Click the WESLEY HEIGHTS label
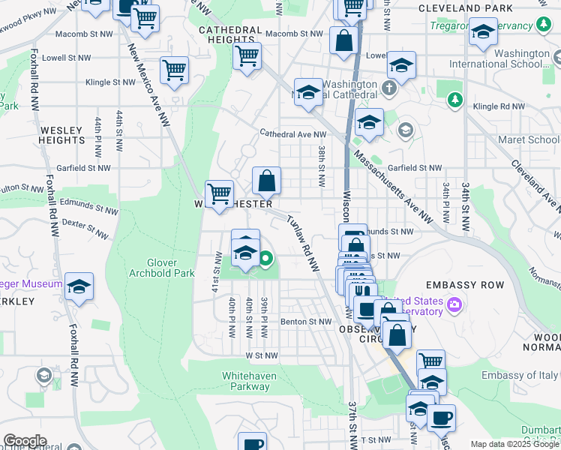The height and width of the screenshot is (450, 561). pos(62,135)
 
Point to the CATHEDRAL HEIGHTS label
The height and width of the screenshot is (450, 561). pos(230,34)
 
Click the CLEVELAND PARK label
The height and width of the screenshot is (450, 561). pos(465,8)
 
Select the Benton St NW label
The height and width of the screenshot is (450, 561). pos(306,322)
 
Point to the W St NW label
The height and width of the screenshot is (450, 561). pos(261,355)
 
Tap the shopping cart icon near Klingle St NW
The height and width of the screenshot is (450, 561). pos(174,70)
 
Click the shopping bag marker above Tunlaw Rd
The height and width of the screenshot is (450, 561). pos(266,181)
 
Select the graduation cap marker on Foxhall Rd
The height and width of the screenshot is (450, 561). pos(79,286)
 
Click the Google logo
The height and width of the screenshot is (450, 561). pos(24,441)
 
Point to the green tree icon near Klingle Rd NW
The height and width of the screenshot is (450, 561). pos(453,99)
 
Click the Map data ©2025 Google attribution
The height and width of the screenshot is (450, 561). pos(514,444)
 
